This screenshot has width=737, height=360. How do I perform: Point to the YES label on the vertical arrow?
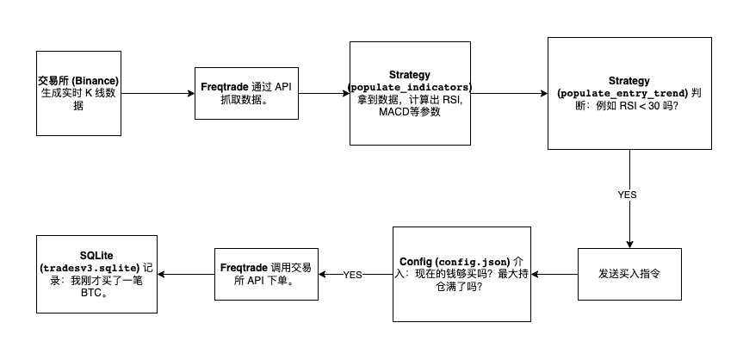click(x=628, y=195)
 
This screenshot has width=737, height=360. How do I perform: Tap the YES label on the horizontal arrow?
click(x=353, y=275)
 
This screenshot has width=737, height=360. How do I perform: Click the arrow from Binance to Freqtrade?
click(x=155, y=93)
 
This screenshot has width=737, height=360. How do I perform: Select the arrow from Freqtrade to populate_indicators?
click(x=324, y=93)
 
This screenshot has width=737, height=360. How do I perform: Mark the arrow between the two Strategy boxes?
click(x=508, y=93)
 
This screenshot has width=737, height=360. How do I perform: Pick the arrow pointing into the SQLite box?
click(x=183, y=274)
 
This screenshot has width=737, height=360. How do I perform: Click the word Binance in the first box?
click(x=96, y=80)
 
